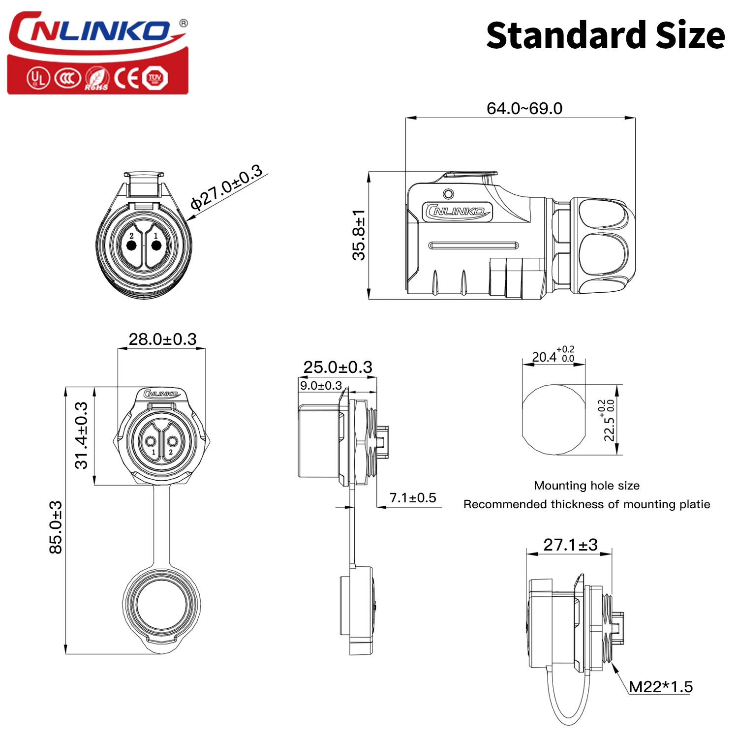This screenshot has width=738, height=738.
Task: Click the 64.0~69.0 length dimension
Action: [x=524, y=108]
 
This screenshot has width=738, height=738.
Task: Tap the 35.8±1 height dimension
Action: [x=359, y=235]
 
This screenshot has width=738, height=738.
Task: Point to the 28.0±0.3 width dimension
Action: [x=162, y=339]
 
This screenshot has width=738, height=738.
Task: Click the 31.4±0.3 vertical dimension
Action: [x=82, y=435]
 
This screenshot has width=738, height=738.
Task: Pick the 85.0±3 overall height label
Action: [x=56, y=527]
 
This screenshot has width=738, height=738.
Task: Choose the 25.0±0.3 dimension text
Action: [x=338, y=367]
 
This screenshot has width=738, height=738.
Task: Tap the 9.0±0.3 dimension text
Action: [x=321, y=385]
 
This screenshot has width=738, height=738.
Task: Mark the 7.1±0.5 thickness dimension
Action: [x=413, y=498]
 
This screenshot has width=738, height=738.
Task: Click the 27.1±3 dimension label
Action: [x=570, y=545]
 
